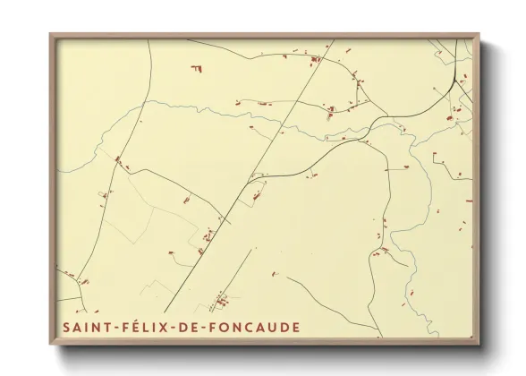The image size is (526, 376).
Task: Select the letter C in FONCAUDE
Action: [x=256, y=328]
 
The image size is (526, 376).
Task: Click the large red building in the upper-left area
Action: [x=195, y=67]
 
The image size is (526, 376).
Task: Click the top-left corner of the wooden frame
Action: [x=50, y=35]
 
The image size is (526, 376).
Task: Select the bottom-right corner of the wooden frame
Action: [x=479, y=345]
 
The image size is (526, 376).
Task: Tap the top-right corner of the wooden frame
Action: [x=479, y=35]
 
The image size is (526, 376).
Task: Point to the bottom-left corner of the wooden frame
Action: [x=50, y=345]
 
